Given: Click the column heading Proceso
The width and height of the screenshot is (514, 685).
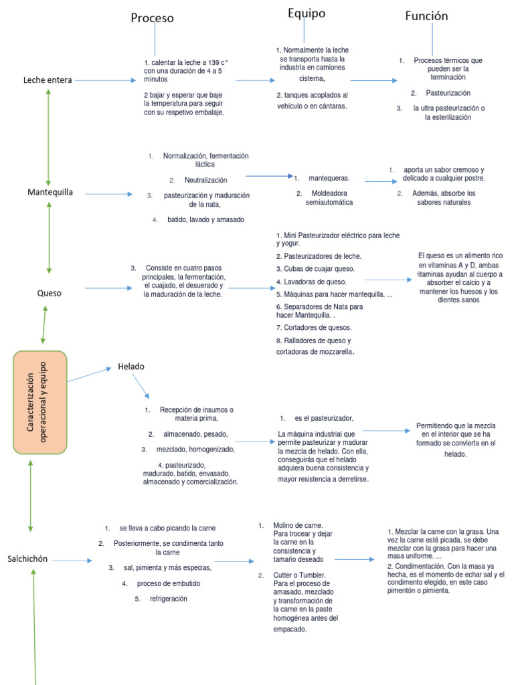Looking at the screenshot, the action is point(152,18).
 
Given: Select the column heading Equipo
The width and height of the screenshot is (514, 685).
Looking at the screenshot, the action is point(307,13).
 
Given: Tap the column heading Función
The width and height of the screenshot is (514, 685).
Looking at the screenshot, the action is point(426,16).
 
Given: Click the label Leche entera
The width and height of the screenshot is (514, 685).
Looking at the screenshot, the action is point(48,80).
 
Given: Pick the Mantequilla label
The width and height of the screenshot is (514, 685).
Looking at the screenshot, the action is point(50,192).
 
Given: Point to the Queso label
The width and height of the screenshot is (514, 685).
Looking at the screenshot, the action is point(49,293).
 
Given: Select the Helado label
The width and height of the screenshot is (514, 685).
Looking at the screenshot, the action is point(131,367).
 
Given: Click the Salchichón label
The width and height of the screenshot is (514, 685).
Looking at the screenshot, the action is point(27,559).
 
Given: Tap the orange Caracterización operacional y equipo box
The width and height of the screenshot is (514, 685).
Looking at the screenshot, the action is point(39,402).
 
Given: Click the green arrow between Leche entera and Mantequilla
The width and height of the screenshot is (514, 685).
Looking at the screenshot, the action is point(48,138).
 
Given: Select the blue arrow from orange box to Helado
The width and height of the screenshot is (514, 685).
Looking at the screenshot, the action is point(89,375).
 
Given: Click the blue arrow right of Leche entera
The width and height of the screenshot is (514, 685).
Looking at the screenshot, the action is point(105,80).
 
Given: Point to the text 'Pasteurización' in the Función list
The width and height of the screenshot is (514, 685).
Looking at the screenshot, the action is point(448,93).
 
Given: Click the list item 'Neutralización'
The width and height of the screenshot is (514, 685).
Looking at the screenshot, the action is point(206,180).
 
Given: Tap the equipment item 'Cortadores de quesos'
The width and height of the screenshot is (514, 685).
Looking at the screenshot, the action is point(318,328).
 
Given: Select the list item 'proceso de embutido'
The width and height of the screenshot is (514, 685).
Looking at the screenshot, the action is point(169,583).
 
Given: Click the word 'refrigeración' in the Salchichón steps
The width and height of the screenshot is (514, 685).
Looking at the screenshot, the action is point(169,599).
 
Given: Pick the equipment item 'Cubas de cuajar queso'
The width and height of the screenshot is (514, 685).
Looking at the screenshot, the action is point(319,269).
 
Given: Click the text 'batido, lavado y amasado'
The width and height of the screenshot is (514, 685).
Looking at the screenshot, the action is point(206,219).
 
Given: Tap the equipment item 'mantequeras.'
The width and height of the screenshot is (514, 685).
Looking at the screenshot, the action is point(329,178).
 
